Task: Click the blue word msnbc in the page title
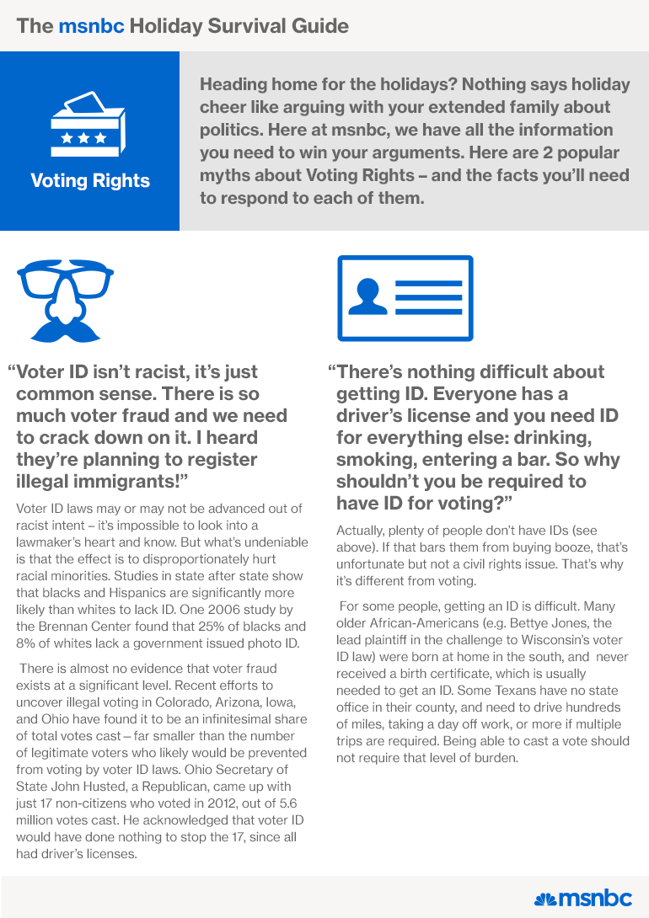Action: click(91, 25)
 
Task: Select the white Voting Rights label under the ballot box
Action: click(90, 180)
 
